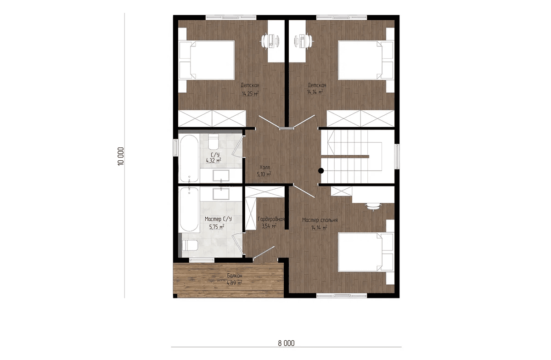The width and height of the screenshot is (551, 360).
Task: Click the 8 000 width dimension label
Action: click(x=286, y=343)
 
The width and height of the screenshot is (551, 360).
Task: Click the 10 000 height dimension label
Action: click(x=121, y=157)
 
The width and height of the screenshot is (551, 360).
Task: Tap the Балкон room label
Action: click(x=235, y=276)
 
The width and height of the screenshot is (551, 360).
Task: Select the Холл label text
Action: click(x=264, y=167)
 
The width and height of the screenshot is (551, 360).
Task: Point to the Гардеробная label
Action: click(x=271, y=219)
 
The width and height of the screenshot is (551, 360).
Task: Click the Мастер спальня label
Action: click(x=320, y=220)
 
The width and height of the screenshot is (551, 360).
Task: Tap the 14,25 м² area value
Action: click(x=250, y=94)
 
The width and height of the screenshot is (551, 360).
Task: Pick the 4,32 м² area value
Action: click(x=214, y=161)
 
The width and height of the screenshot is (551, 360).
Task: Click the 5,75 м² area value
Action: click(x=217, y=227)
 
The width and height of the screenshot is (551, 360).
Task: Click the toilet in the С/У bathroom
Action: click(x=213, y=141)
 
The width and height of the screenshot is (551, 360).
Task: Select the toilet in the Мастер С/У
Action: click(x=190, y=245)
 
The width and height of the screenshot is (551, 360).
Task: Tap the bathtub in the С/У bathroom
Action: click(x=189, y=158)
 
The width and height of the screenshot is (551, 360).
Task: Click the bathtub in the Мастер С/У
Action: click(x=189, y=209)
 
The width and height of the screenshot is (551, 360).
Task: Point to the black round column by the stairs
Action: click(x=321, y=170)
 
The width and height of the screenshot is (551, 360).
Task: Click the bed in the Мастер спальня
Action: click(x=365, y=252)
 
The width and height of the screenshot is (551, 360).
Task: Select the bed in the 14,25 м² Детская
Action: click(x=207, y=60)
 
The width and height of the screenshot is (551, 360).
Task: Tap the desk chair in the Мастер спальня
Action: click(x=373, y=207)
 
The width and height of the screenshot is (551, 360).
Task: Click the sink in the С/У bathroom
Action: click(x=221, y=175)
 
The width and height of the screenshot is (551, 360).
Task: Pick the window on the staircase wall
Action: click(x=397, y=157)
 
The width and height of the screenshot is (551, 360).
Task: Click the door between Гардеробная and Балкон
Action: click(x=264, y=253)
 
